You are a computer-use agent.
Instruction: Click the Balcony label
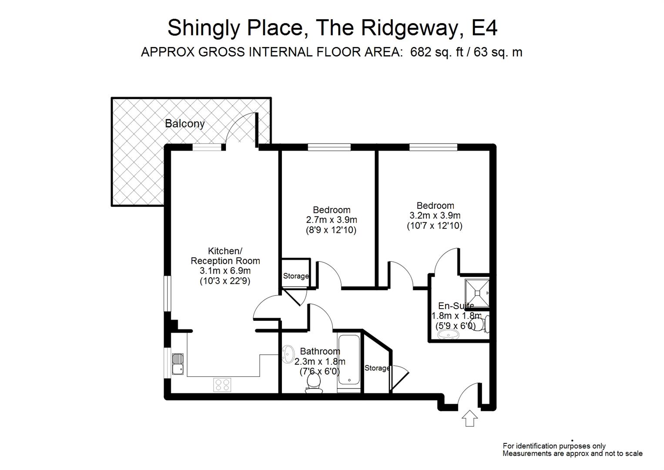pyautogui.click(x=184, y=124)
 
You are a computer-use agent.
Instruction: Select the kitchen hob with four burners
pyautogui.click(x=222, y=385)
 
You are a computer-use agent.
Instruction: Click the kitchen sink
pyautogui.click(x=178, y=364)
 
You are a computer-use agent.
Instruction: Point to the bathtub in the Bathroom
pyautogui.click(x=349, y=359)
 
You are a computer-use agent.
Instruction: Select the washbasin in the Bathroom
pyautogui.click(x=288, y=354)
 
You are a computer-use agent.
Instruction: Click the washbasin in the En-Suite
pyautogui.click(x=448, y=335)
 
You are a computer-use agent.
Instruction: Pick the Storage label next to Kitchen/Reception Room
pyautogui.click(x=296, y=276)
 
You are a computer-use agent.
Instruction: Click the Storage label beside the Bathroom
pyautogui.click(x=377, y=368)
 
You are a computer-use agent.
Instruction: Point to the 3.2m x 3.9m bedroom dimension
pyautogui.click(x=435, y=215)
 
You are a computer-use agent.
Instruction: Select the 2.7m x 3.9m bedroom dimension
pyautogui.click(x=332, y=220)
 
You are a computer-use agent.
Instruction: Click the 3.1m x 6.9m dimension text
pyautogui.click(x=225, y=271)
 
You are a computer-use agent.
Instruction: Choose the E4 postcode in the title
pyautogui.click(x=484, y=28)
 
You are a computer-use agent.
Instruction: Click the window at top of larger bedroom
pyautogui.click(x=433, y=147)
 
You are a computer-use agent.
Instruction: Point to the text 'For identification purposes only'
pyautogui.click(x=554, y=446)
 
